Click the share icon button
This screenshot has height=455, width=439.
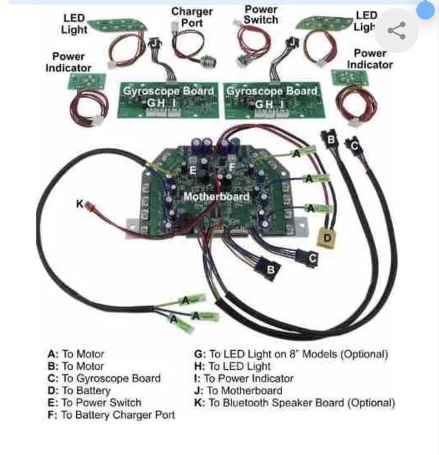pos(396,30)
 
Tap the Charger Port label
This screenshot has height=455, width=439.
pos(191,17)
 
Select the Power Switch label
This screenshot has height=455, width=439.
pos(260,14)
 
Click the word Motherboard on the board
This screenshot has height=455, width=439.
pos(216,196)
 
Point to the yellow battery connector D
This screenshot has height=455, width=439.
pos(328,238)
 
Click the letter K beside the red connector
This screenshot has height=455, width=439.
pos(80,204)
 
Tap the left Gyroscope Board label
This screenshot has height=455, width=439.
pos(168,91)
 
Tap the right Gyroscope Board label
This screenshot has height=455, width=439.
pos(271,91)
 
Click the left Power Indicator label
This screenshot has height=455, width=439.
pos(68,62)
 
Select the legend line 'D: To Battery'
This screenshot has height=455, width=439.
pos(79,391)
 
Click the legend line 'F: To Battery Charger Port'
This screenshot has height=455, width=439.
pos(111,415)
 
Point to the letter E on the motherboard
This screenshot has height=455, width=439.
pos(192,170)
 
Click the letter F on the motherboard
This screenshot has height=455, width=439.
pos(232,167)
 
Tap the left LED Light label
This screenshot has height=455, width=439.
pos(74,23)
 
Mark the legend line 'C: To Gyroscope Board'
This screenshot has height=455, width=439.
pos(103,378)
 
